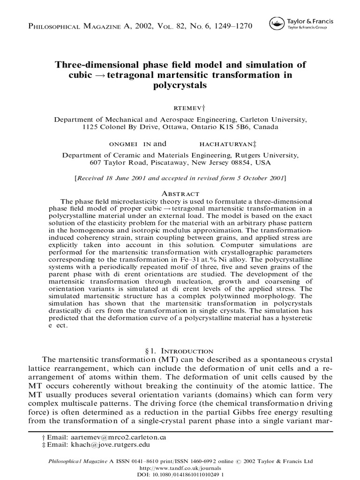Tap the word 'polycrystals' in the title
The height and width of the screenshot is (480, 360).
180,86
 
